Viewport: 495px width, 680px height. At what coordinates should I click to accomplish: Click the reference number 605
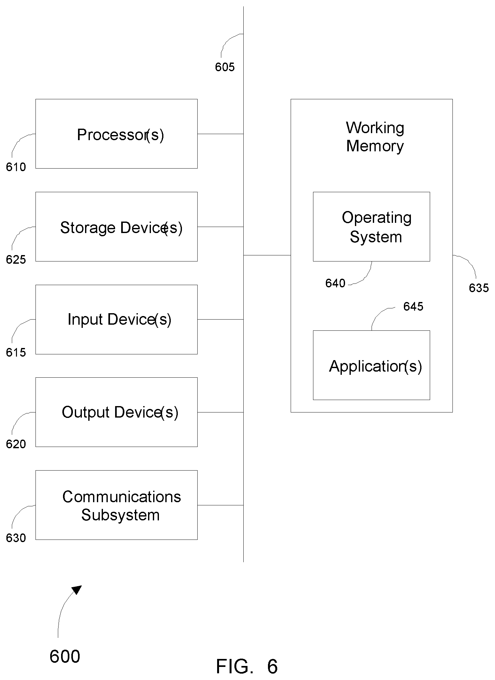point(225,67)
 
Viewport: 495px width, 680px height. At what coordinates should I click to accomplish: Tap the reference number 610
point(16,167)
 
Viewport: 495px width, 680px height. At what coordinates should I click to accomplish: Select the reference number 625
point(16,260)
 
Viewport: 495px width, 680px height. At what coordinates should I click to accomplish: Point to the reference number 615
point(16,352)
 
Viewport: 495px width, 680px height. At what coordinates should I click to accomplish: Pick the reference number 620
point(16,444)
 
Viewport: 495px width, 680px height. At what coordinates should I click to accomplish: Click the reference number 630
point(16,538)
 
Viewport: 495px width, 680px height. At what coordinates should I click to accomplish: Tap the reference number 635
point(479,288)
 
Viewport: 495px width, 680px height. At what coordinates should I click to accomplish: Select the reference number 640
point(335,283)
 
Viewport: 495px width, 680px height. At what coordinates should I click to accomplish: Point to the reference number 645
point(413,306)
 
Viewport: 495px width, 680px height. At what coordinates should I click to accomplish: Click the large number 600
point(65,657)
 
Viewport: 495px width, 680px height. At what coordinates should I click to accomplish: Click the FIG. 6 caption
point(247,667)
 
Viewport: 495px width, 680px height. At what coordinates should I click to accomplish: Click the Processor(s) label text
point(121,135)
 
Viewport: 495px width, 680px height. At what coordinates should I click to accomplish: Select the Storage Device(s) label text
point(122,228)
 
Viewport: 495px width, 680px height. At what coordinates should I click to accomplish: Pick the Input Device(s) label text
point(120,319)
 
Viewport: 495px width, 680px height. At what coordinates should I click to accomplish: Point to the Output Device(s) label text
point(120,412)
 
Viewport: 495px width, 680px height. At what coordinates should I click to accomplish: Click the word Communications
point(122,497)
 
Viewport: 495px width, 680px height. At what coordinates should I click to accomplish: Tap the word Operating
point(377,218)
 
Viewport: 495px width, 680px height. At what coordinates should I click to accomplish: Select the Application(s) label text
point(375,366)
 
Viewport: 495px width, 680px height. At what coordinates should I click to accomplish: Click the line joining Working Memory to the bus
point(267,255)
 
